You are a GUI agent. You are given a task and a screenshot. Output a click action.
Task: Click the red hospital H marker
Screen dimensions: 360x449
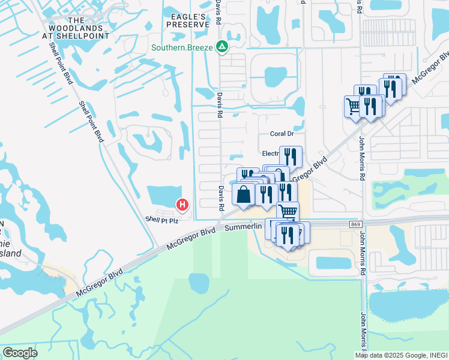(x=182, y=205)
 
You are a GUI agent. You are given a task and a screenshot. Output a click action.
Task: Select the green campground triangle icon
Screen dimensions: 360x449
(x=222, y=46)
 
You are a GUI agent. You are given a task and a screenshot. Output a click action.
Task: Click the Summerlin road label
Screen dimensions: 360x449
(x=244, y=226)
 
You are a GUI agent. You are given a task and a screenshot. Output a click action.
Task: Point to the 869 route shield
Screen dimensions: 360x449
(x=357, y=224)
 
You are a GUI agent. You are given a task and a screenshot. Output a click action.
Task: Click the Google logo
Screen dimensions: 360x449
(x=20, y=353)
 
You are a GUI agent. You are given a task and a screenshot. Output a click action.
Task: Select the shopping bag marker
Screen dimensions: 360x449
(x=243, y=195)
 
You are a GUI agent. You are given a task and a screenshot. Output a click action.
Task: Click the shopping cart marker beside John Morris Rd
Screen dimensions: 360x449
(x=354, y=107)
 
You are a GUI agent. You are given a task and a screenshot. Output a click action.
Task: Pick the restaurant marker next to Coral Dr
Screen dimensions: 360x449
(x=290, y=157)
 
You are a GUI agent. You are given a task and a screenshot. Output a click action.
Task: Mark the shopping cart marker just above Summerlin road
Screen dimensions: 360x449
(x=288, y=211)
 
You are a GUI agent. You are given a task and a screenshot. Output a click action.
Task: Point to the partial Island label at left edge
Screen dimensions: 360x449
(x=10, y=253)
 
